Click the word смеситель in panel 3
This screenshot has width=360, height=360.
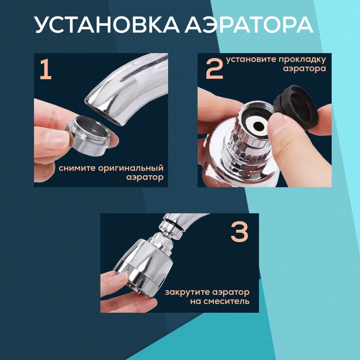(226, 301)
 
